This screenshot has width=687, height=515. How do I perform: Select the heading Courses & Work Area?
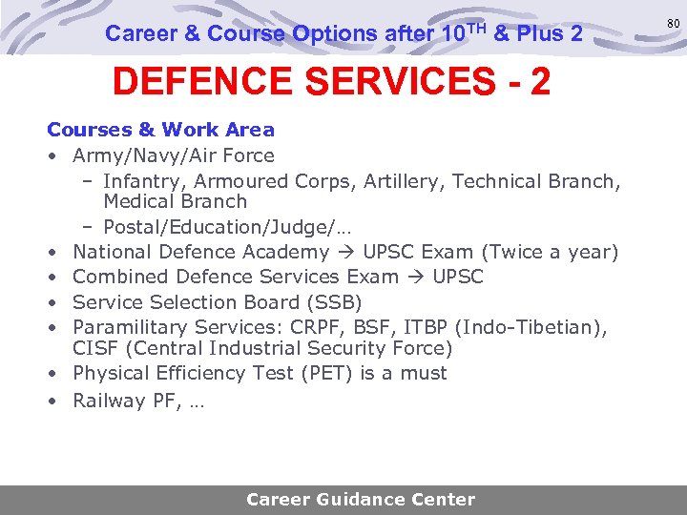(160, 130)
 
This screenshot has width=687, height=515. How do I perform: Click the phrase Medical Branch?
(175, 201)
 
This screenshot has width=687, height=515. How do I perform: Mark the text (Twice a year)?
(551, 253)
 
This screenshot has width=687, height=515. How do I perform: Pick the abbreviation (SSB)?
(331, 302)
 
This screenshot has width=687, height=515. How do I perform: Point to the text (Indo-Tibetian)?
(531, 327)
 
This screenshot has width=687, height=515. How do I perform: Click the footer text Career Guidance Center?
(361, 500)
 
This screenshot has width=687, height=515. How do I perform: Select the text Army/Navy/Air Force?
(174, 155)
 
